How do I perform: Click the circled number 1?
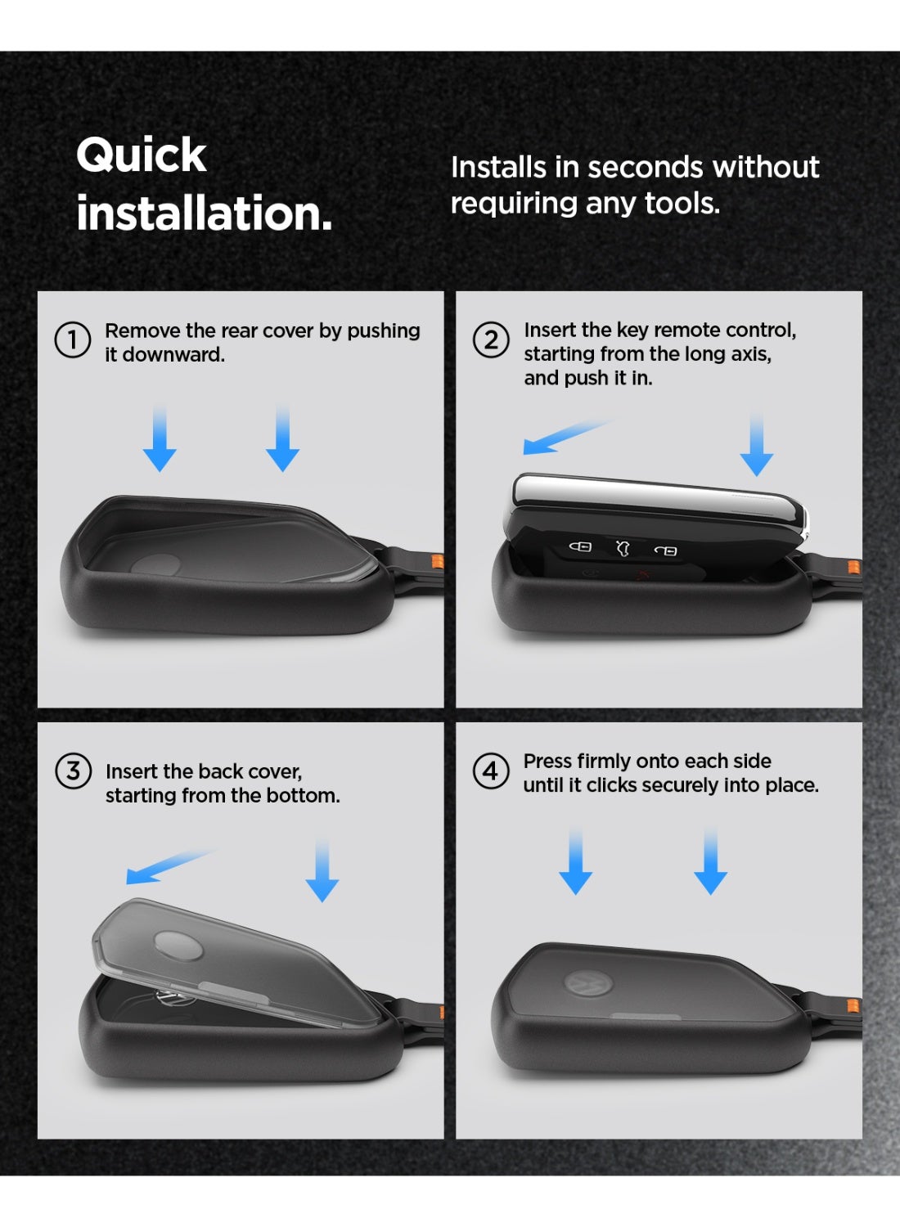[x=73, y=340]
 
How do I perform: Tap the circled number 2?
[x=491, y=339]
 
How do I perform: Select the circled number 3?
[x=74, y=771]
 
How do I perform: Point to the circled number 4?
[x=491, y=771]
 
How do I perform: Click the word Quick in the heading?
[x=142, y=156]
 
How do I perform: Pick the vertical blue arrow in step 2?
[x=757, y=445]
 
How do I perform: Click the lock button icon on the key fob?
[x=580, y=546]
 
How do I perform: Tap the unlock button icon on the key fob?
[x=665, y=551]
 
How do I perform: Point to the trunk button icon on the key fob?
[x=623, y=548]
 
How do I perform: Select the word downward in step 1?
[x=173, y=355]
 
